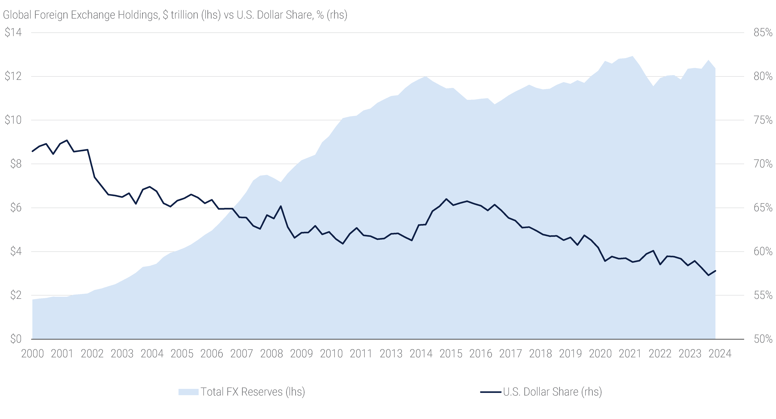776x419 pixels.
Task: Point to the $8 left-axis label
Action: tap(16, 164)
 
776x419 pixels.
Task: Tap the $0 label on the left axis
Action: tap(16, 339)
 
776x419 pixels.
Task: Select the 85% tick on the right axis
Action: tap(763, 32)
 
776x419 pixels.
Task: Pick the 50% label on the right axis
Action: tap(763, 339)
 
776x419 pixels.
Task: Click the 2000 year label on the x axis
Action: tap(33, 353)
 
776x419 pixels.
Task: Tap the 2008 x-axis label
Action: tap(271, 353)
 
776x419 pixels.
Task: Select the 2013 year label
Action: tap(391, 353)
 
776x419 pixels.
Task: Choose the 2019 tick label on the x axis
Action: tap(570, 353)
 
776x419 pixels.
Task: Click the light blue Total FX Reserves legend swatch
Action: tap(188, 392)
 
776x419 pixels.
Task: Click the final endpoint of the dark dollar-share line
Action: tap(715, 271)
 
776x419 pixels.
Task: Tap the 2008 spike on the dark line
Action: tap(281, 206)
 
